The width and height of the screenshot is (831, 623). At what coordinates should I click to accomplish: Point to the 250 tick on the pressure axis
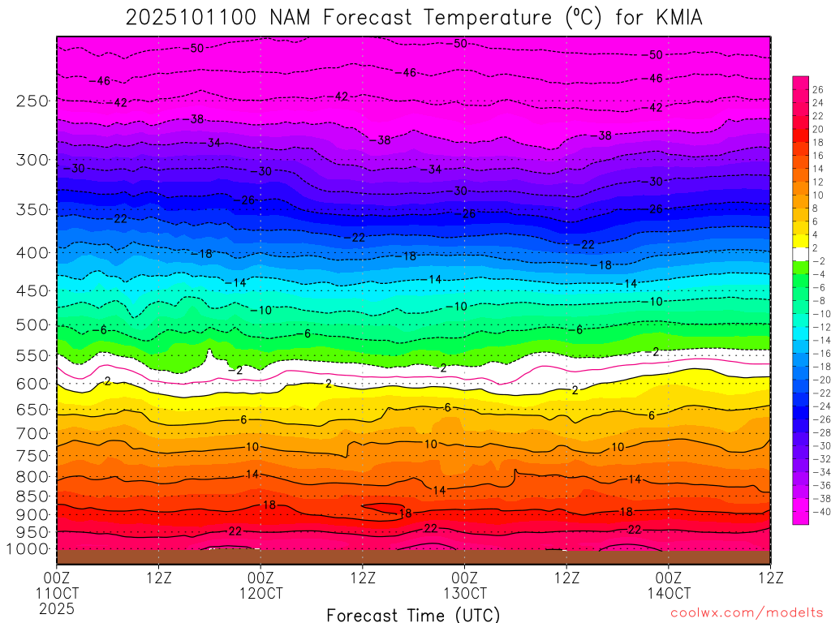coord(33,101)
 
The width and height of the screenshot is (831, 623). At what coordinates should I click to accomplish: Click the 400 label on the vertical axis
coord(33,252)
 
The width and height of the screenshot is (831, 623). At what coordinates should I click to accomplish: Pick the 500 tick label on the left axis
coord(33,325)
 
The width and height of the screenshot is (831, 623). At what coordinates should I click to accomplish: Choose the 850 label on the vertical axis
coord(33,496)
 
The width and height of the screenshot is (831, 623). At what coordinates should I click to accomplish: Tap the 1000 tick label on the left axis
coord(29,549)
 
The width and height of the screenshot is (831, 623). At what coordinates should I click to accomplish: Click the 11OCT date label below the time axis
coord(56,593)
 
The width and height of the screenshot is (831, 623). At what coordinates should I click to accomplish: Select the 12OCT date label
coord(260,593)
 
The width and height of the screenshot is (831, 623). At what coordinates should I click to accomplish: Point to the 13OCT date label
coord(464,593)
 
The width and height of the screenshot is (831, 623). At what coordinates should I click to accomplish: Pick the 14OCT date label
coord(668,593)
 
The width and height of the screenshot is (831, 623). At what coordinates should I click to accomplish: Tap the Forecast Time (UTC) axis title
coord(413,614)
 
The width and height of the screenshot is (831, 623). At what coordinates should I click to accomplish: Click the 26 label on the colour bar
coord(817,89)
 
